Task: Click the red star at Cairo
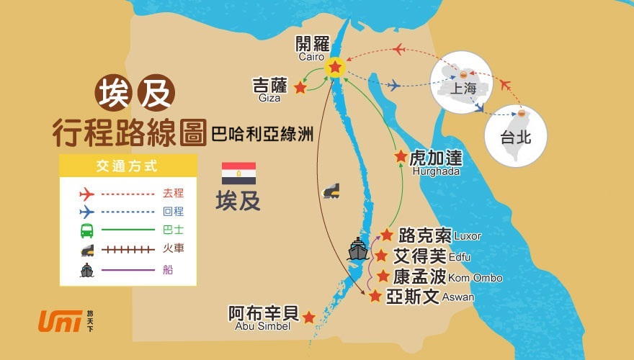click(335, 67)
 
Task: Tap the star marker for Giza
click(300, 87)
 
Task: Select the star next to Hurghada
click(401, 156)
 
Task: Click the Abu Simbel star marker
click(308, 317)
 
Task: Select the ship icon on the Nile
click(358, 249)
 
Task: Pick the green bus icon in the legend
click(86, 230)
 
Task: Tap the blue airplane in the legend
click(86, 212)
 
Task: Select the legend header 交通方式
click(128, 166)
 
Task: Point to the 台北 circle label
click(516, 137)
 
